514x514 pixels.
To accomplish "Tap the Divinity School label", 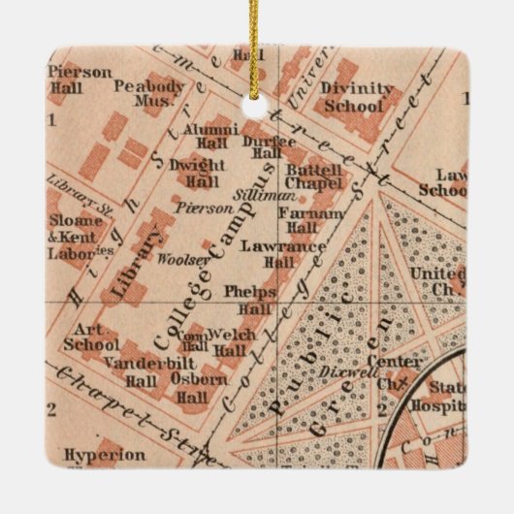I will click(x=359, y=98).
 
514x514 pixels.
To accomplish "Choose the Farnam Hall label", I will click(x=310, y=219).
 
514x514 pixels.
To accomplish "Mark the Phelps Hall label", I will click(x=250, y=299).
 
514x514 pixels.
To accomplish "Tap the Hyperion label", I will click(x=105, y=454).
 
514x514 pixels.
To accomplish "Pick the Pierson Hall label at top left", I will click(x=80, y=79).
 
